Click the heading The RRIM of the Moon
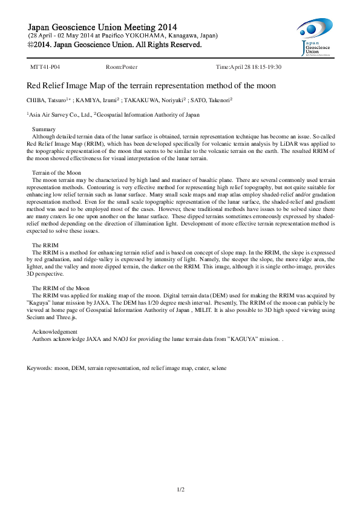click(x=61, y=288)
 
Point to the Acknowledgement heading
click(x=54, y=332)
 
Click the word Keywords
click(x=39, y=368)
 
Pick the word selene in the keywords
click(x=218, y=368)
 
